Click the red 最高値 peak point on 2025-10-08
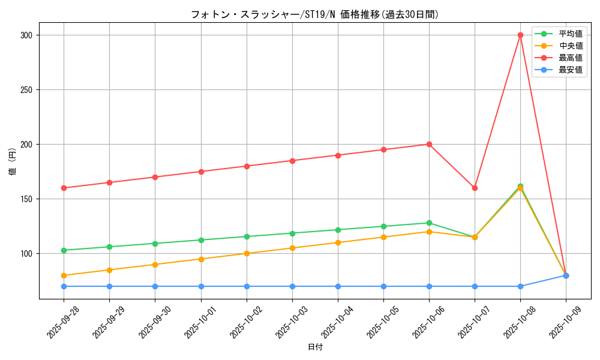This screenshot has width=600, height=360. (x=520, y=35)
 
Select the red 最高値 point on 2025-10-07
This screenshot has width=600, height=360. (x=475, y=188)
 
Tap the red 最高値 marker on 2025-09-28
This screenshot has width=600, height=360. (x=64, y=188)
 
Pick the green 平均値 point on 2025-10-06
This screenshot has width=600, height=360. (x=429, y=223)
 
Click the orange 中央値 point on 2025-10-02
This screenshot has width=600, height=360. (x=247, y=253)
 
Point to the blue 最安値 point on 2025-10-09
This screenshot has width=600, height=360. (x=566, y=275)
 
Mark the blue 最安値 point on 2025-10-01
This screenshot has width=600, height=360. (x=201, y=286)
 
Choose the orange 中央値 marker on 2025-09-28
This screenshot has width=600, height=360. (x=64, y=275)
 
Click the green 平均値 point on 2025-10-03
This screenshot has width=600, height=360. (x=292, y=233)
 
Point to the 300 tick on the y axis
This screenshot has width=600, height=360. (x=25, y=35)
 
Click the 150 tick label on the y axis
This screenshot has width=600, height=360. (x=25, y=199)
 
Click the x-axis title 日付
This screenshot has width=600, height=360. (x=315, y=347)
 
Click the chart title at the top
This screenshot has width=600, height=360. (x=315, y=14)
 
